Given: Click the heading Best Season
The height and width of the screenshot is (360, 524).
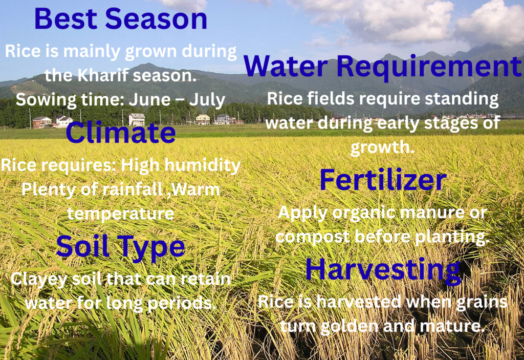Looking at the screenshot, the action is pyautogui.click(x=121, y=19).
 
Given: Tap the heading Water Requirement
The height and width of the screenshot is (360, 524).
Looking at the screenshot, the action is pyautogui.click(x=383, y=66).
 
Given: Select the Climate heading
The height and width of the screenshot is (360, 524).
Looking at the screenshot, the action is pyautogui.click(x=121, y=133).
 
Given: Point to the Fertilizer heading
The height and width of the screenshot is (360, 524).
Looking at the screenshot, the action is pyautogui.click(x=383, y=180).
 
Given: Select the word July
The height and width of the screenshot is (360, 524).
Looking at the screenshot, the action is pyautogui.click(x=207, y=100).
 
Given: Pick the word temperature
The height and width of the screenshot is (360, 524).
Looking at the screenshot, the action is pyautogui.click(x=121, y=214).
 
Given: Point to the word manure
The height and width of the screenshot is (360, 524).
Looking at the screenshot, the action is pyautogui.click(x=432, y=213).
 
